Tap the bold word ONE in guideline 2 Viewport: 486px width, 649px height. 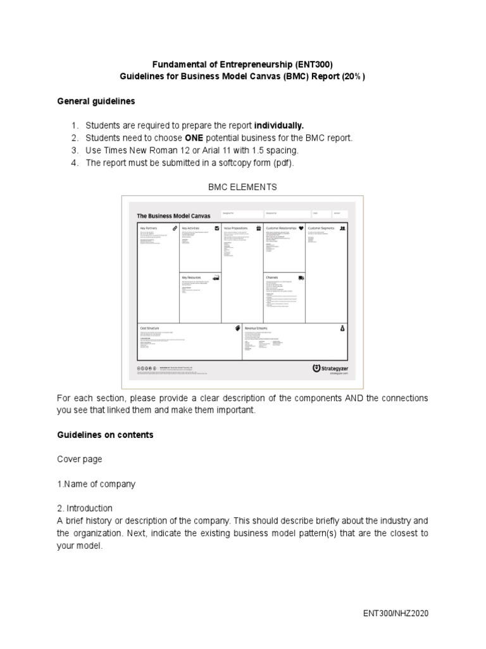pos(193,138)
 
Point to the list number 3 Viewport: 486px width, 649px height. pos(74,150)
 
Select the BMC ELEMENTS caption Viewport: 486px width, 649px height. pos(242,187)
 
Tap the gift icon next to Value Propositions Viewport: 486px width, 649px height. pos(258,227)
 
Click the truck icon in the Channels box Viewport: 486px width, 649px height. pos(301,278)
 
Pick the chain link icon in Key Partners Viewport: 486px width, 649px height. pos(174,227)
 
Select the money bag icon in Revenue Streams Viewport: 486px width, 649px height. pos(342,328)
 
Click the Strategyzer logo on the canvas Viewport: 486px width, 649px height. pos(330,368)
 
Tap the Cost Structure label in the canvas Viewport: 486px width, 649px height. pos(150,328)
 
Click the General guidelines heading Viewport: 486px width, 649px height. pos(96,101)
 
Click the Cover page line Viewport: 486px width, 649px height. pos(79,459)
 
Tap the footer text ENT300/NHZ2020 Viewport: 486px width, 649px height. pos(396,614)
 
